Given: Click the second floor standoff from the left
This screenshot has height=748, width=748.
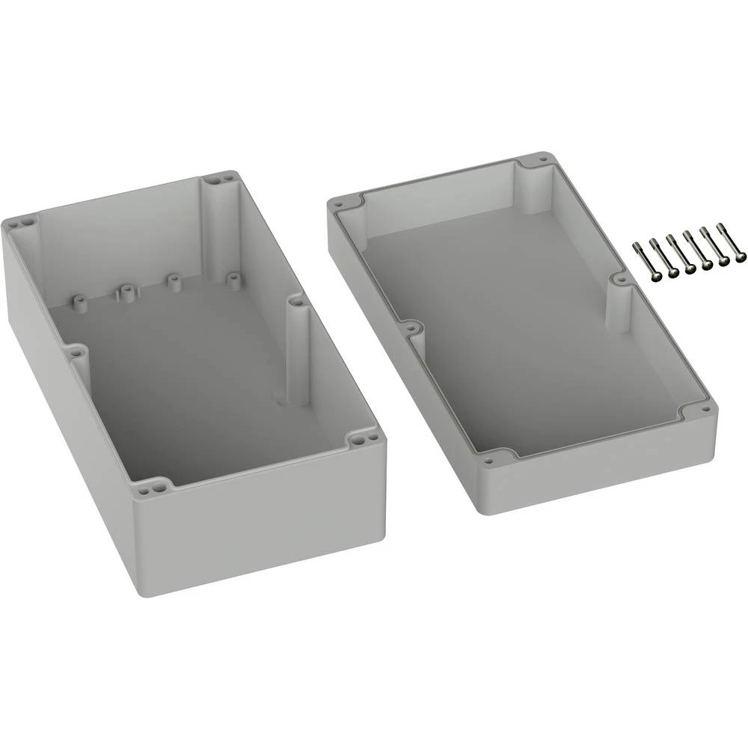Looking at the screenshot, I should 125,291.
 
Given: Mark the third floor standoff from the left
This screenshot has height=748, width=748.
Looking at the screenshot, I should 174,283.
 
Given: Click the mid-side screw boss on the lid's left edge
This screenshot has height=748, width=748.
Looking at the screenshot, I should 410,328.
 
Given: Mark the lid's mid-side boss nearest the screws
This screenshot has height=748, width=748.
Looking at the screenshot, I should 619,279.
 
